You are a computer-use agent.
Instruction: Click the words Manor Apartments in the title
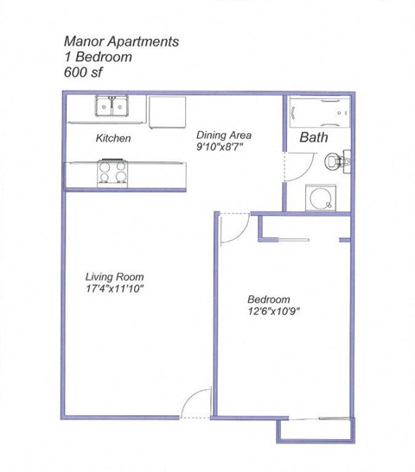[122, 41]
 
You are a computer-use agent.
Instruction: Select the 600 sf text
[84, 72]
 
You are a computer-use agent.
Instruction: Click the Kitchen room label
[112, 138]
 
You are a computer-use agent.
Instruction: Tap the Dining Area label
[224, 135]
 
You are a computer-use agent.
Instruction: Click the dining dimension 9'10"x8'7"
[220, 148]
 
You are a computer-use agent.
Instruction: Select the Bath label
[313, 137]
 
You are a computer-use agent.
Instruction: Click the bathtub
[317, 110]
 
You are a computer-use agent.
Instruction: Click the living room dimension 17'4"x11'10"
[113, 290]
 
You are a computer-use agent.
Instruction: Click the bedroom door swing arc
[233, 229]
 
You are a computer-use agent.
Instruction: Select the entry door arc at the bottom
[197, 403]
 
